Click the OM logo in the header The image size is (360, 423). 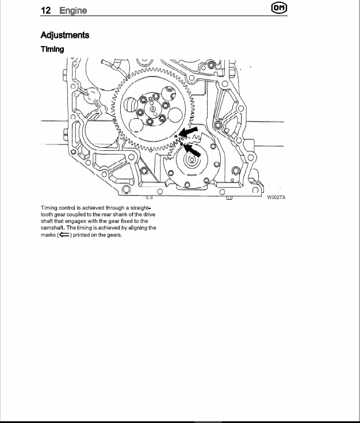tap(279, 8)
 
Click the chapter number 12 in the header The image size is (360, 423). tap(45, 10)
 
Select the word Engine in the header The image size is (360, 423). tap(73, 10)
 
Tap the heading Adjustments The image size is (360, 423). tap(65, 35)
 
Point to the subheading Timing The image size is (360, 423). tap(52, 49)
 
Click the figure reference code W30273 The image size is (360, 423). tap(276, 197)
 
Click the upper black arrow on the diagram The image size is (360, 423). tap(189, 132)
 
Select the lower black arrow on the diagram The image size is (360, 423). tap(193, 150)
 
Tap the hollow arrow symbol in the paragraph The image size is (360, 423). tap(64, 235)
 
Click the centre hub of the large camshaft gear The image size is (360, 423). tap(152, 109)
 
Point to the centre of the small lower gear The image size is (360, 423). tap(192, 160)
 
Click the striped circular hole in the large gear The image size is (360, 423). tap(131, 104)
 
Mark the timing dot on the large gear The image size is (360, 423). tap(176, 136)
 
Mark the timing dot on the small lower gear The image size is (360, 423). tap(182, 144)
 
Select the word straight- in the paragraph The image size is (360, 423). tap(140, 208)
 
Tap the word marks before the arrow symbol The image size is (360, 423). tap(48, 235)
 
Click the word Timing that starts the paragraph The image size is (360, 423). tap(49, 208)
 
